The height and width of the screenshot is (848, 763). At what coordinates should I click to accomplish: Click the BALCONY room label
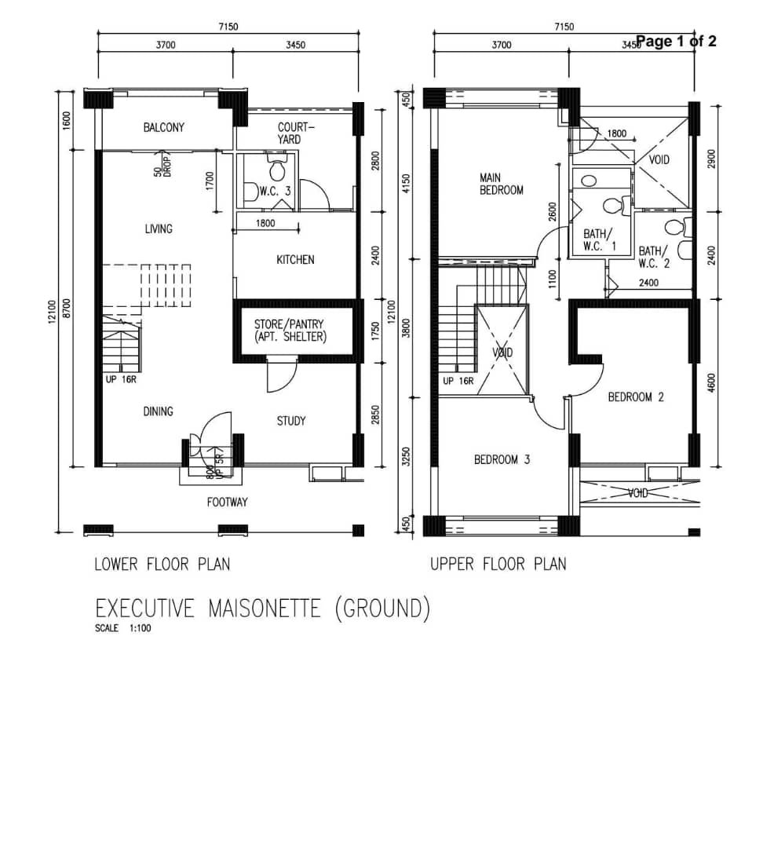[x=163, y=128]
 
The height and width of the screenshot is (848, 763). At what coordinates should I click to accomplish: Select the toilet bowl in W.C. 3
[x=277, y=168]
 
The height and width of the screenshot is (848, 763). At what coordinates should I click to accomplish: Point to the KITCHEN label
[x=295, y=260]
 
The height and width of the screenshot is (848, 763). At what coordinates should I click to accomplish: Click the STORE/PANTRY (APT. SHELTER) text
[x=290, y=331]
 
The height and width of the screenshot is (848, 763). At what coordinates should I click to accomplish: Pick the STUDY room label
[x=291, y=421]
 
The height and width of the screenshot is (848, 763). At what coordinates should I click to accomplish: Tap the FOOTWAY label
[x=227, y=503]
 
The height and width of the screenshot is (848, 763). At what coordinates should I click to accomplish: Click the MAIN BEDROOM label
[x=502, y=184]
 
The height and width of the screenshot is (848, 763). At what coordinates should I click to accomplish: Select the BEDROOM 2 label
[x=636, y=397]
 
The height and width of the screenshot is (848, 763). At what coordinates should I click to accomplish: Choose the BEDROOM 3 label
[x=502, y=459]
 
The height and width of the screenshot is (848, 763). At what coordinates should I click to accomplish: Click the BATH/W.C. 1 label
[x=599, y=240]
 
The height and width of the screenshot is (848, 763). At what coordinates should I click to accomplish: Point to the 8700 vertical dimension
[x=67, y=309]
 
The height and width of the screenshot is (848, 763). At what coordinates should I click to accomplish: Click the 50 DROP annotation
[x=162, y=167]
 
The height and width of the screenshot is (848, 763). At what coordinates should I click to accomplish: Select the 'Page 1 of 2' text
[x=676, y=41]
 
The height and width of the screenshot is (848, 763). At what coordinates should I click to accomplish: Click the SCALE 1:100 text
[x=122, y=628]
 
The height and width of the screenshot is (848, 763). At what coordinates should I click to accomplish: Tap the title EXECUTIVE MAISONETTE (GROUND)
[x=263, y=609]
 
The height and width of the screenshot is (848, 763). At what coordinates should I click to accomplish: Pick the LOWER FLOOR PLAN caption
[x=162, y=565]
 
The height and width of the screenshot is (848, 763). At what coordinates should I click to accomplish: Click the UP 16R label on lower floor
[x=121, y=380]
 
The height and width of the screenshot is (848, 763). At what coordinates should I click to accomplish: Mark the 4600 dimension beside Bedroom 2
[x=711, y=383]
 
